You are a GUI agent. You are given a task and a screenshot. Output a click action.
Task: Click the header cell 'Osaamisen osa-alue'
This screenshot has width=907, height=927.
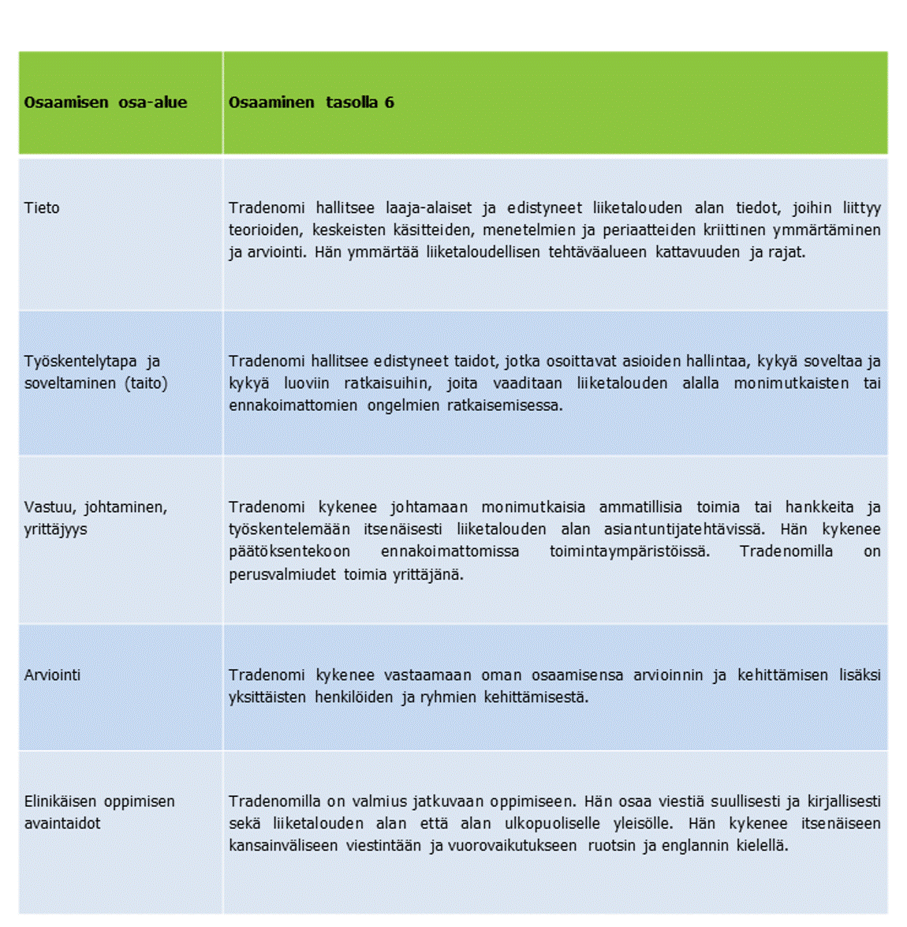pyautogui.click(x=106, y=103)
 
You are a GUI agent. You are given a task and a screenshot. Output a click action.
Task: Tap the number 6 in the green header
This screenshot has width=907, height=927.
pyautogui.click(x=389, y=103)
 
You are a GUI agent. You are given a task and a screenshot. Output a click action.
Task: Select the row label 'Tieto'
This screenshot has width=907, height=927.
pyautogui.click(x=42, y=208)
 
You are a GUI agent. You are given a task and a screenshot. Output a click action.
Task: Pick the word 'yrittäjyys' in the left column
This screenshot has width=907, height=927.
pyautogui.click(x=55, y=529)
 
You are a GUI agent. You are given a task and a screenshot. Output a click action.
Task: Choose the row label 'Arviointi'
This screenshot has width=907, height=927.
pyautogui.click(x=52, y=675)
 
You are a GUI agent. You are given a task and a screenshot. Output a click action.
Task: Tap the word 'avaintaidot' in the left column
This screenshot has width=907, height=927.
pyautogui.click(x=62, y=824)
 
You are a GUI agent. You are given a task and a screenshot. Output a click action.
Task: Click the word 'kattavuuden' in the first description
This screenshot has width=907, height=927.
pyautogui.click(x=697, y=252)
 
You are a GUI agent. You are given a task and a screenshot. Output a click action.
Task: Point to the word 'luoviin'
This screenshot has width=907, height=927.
pyautogui.click(x=307, y=383)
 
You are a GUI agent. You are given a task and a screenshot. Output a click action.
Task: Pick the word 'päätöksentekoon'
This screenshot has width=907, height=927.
pyautogui.click(x=289, y=551)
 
